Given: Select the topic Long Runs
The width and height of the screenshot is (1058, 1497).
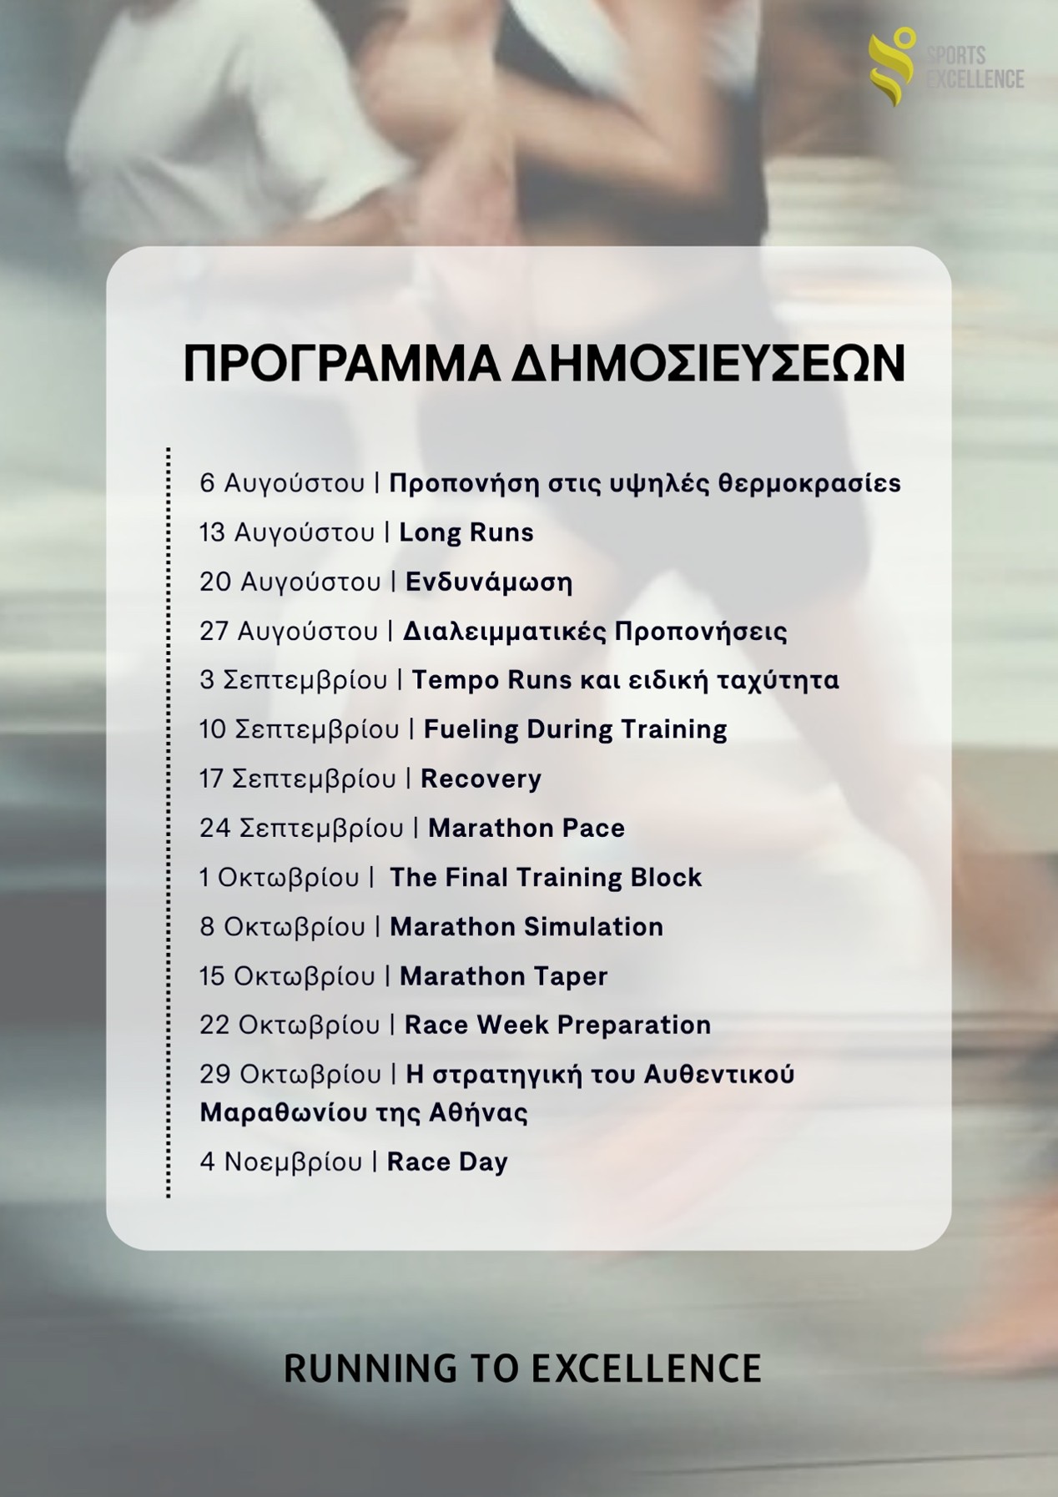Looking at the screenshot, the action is coord(466,532).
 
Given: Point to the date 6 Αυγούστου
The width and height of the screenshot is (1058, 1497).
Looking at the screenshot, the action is coord(282,484).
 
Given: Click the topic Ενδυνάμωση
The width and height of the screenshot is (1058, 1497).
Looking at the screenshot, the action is coord(489,582).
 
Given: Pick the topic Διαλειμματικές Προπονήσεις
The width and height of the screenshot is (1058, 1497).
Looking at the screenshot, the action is coord(595,631).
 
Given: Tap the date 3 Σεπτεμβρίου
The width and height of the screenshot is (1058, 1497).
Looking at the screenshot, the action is coord(294,681).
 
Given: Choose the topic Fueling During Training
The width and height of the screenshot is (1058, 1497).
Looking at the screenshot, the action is coord(576,729).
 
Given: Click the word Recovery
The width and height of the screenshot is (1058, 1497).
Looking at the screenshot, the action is coord(481,779).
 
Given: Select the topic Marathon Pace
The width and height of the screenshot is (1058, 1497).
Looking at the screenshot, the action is coord(526,828).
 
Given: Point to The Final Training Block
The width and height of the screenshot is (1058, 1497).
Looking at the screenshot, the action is coord(546,877).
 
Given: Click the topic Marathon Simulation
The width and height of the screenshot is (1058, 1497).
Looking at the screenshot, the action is coord(526,926).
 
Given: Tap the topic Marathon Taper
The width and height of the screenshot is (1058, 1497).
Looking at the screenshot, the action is coord(503,976).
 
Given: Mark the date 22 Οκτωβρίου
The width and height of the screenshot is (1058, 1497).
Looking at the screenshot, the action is coord(290,1025).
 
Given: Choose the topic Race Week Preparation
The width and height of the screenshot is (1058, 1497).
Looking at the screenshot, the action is coord(557,1025).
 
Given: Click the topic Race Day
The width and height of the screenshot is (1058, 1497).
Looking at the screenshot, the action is coord(447,1162).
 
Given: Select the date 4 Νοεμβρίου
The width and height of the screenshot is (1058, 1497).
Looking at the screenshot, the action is coord(281,1162).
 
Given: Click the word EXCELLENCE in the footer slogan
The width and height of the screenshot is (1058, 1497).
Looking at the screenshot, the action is coord(647,1369).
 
